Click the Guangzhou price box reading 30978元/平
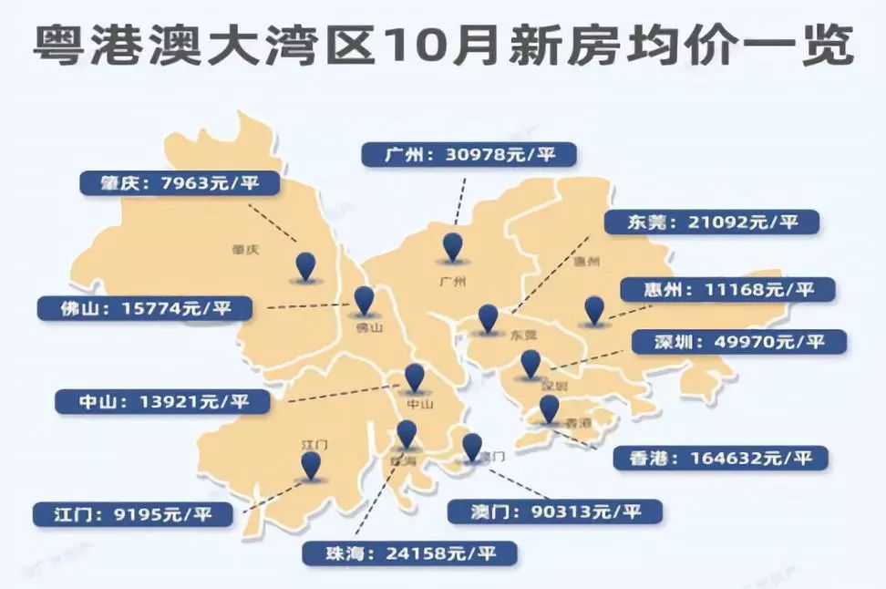(469, 155)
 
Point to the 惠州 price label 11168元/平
(728, 290)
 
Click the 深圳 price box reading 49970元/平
(739, 343)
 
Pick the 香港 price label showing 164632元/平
(721, 458)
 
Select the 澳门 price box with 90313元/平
(555, 511)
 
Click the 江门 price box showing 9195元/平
(132, 514)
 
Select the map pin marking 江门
(312, 466)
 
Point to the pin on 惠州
(594, 310)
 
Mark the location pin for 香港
(549, 409)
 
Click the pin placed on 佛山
(364, 300)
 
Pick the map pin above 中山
(415, 377)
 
